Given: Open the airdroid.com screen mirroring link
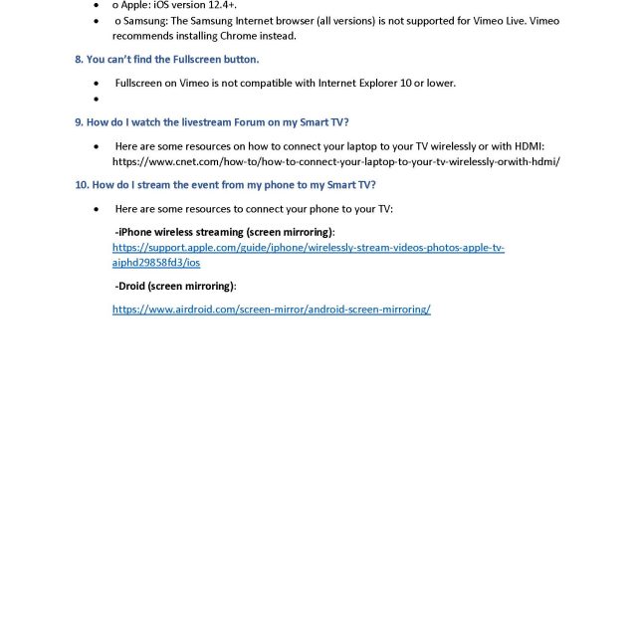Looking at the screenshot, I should tap(271, 310).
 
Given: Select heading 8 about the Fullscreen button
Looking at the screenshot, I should tap(166, 60).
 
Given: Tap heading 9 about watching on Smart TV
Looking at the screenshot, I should tap(211, 122).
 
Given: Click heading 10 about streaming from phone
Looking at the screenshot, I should tap(225, 185).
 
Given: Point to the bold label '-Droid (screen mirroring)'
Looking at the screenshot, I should tap(175, 286).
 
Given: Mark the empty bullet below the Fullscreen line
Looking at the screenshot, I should tap(96, 100).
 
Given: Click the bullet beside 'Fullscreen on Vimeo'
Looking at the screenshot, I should tap(96, 84).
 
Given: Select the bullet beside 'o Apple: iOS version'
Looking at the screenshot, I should tap(96, 5).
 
